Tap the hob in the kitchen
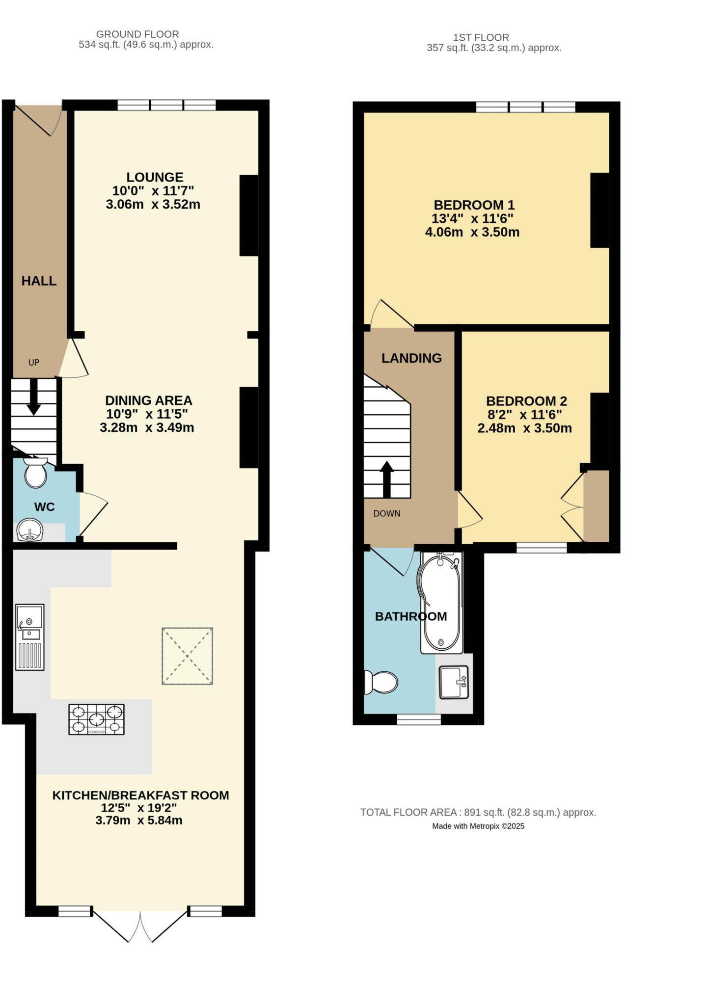coord(96,719)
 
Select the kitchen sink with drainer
coord(30,637)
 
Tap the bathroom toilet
coord(381,682)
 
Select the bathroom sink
coord(454,682)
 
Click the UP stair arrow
coord(33,397)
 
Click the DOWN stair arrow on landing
coord(387,479)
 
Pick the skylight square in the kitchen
coord(188,656)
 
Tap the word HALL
coord(39,281)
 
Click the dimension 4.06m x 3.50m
coord(472,232)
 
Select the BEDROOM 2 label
coord(526,401)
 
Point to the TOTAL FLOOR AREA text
coord(478,812)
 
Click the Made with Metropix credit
coord(478,826)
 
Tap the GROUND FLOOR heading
coord(137,34)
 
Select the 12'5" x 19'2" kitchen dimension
coord(139,808)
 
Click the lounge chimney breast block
coord(248,215)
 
